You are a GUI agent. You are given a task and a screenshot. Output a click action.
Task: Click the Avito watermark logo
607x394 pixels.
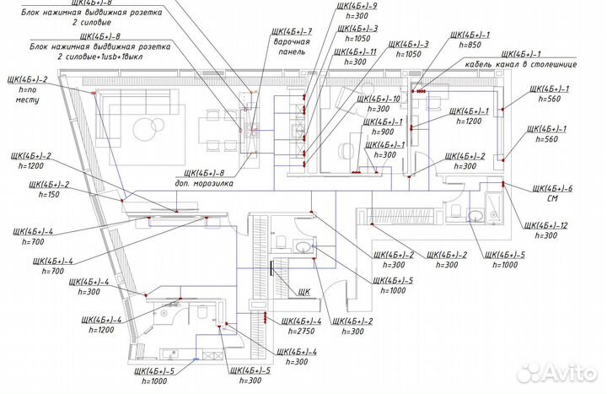tap(556, 371)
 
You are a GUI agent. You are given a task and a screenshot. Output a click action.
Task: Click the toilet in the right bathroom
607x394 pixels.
tap(454, 210)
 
